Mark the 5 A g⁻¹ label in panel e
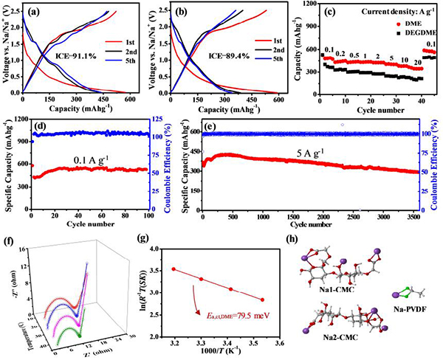click(301, 156)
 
